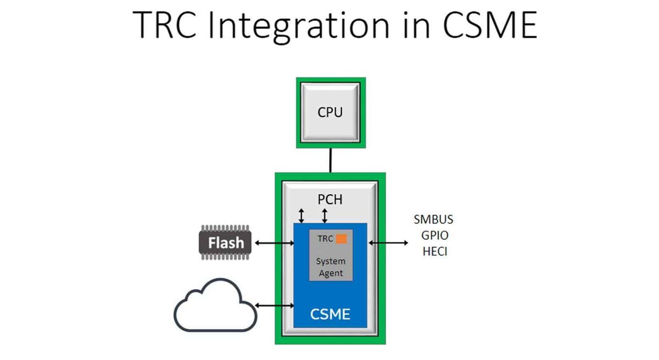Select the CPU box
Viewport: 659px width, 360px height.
click(x=330, y=113)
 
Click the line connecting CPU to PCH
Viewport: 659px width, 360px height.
click(x=331, y=160)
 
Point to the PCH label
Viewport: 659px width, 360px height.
click(x=330, y=199)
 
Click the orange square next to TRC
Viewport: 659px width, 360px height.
click(x=342, y=239)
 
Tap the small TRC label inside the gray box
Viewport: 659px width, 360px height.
click(x=325, y=239)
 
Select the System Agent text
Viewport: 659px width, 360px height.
click(x=331, y=267)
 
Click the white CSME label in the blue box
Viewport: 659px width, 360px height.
click(x=330, y=314)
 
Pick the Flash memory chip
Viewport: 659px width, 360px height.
click(x=225, y=242)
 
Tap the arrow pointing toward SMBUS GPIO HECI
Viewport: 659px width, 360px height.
click(x=389, y=242)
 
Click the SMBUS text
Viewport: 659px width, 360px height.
click(x=433, y=220)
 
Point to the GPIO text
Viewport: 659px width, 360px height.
click(x=433, y=237)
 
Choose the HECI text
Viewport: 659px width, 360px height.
click(x=433, y=253)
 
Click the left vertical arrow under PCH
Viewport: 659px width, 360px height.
click(x=301, y=216)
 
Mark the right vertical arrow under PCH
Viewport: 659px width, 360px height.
click(x=325, y=216)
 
